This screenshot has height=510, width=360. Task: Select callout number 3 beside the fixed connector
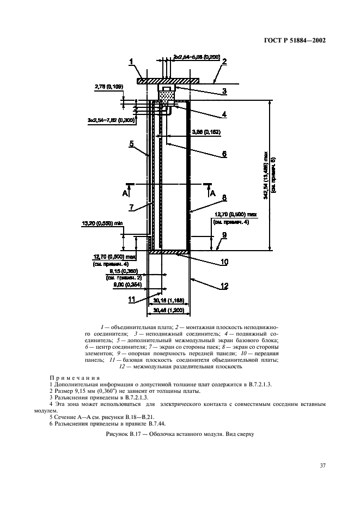[223, 92]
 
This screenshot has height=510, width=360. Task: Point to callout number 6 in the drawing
[223, 154]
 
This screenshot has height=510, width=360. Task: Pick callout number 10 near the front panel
[223, 262]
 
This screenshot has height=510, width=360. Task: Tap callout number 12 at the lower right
[223, 286]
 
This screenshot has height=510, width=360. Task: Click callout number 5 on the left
[131, 144]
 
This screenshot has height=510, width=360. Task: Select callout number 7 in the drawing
[131, 208]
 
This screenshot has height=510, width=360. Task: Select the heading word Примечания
[75, 377]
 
